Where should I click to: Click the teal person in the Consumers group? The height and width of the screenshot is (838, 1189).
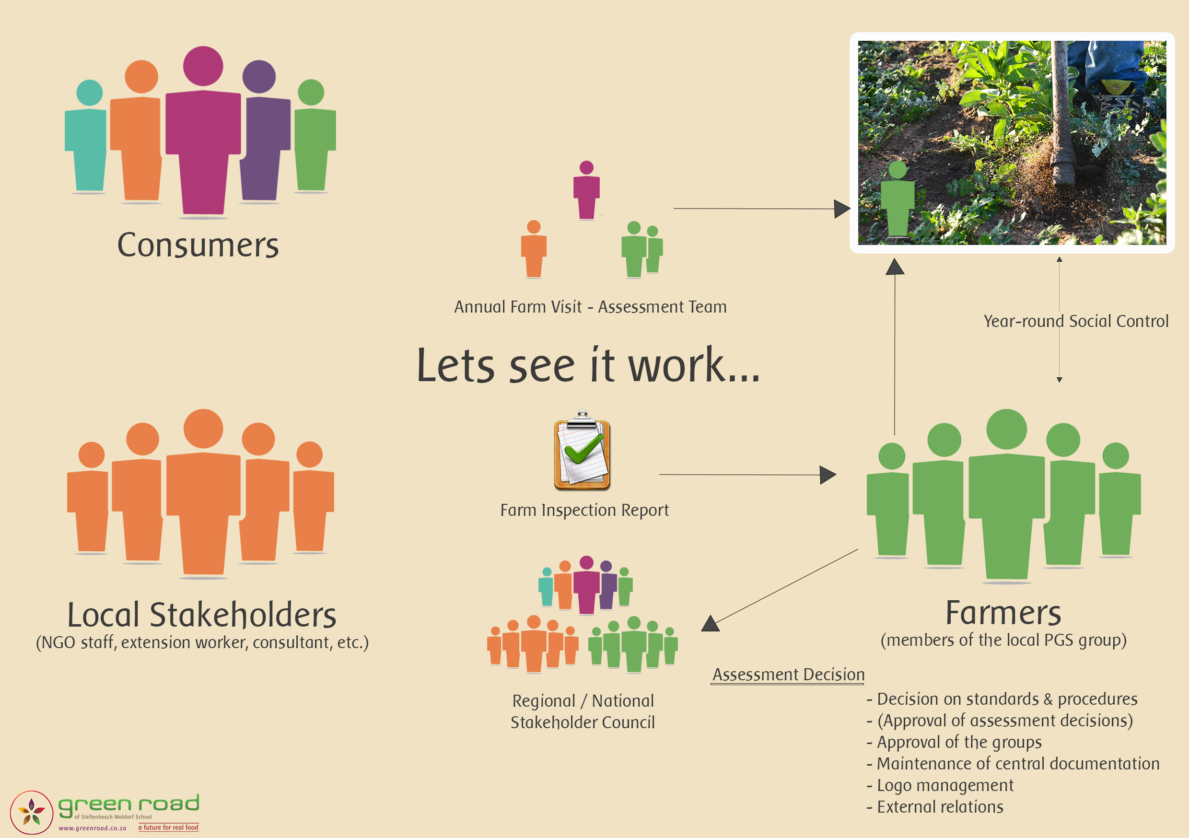coord(87,137)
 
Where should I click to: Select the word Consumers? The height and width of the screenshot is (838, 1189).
coord(198,245)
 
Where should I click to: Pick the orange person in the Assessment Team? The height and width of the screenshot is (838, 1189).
coord(534,250)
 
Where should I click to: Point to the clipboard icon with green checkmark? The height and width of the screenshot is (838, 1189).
coord(582,451)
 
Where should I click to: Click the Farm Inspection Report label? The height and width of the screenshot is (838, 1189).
coord(584,510)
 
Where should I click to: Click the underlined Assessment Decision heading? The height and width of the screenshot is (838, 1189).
coord(788,675)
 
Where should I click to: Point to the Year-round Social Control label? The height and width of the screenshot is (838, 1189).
coord(1075,321)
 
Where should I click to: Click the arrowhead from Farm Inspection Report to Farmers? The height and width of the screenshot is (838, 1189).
coord(828,475)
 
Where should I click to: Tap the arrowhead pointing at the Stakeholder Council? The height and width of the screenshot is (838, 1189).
coord(711,624)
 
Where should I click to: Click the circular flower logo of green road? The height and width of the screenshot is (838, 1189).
coord(32,812)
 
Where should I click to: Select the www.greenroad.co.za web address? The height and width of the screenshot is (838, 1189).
coord(92,828)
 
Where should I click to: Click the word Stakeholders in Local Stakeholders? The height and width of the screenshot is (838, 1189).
coord(243,615)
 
